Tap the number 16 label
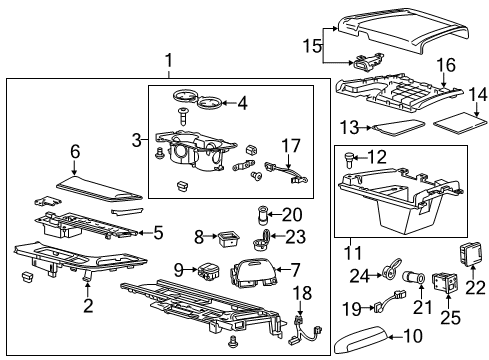coord(445,66)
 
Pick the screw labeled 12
coord(349,157)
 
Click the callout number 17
coord(290,145)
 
